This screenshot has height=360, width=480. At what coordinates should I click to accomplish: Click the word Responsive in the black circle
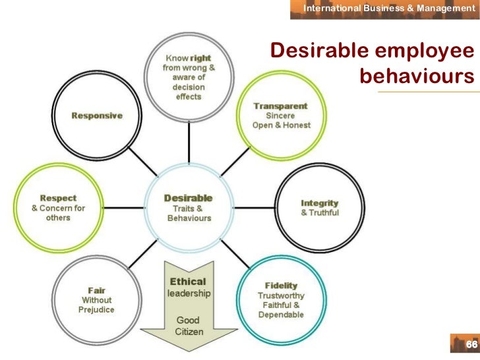coord(97,115)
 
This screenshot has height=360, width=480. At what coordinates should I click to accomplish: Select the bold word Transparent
coord(280,105)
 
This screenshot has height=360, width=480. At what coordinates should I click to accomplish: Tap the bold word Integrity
coord(319,203)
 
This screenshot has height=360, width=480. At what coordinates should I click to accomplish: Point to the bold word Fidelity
coord(281,285)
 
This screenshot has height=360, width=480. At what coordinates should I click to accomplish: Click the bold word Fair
coord(98,289)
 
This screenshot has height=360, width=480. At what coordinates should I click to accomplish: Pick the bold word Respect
coord(58,198)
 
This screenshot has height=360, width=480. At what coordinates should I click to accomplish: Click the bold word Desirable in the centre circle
coord(188,198)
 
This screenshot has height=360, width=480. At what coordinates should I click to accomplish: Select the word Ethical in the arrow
coord(188,282)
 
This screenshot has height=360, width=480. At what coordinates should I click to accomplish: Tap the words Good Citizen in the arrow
coord(188,326)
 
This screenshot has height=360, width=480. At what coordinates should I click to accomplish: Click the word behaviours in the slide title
coord(417,76)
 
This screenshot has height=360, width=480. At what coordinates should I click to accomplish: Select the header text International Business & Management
coord(384,8)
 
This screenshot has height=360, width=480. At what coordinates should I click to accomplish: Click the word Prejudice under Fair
coord(98,309)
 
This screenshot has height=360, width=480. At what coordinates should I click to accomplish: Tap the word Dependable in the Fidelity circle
coord(281,315)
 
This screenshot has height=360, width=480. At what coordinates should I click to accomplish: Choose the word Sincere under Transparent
coord(280,115)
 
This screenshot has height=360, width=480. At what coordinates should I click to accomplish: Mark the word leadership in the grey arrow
coord(188,293)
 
